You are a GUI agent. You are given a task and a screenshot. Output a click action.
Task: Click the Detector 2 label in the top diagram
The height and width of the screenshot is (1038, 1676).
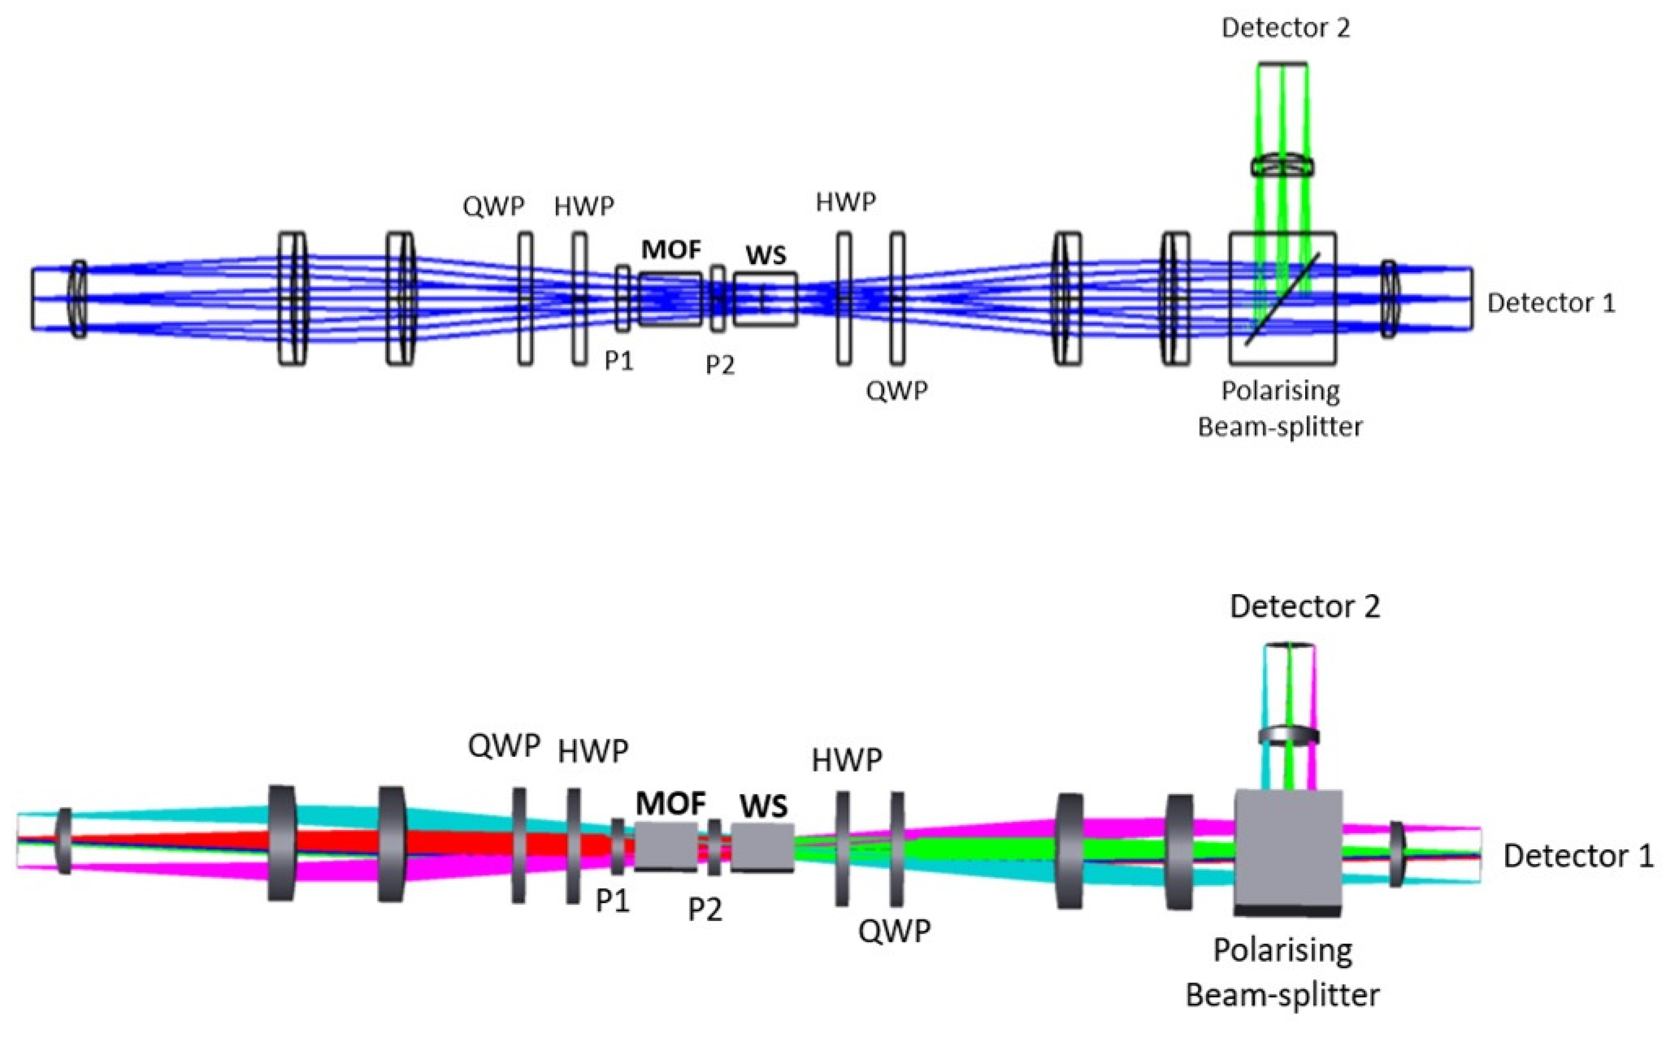click(x=1285, y=28)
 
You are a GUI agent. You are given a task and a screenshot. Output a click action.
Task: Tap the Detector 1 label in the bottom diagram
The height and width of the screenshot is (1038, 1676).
click(x=1578, y=856)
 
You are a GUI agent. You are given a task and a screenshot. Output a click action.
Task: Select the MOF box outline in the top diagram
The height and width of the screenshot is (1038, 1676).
click(x=670, y=299)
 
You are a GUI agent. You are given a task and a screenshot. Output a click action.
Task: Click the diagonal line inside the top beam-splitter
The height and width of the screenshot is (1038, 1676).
click(x=1282, y=299)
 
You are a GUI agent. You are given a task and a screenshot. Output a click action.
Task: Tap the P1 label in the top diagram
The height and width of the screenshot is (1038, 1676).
click(x=619, y=360)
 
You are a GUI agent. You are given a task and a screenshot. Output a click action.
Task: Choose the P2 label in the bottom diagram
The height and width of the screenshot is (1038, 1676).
click(x=705, y=910)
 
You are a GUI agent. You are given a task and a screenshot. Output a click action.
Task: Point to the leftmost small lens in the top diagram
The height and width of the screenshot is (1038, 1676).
click(x=79, y=299)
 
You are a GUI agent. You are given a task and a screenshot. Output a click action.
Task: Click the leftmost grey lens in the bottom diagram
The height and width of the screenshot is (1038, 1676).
click(x=64, y=841)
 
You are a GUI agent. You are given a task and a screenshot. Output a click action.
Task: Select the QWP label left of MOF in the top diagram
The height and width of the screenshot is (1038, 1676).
click(x=493, y=206)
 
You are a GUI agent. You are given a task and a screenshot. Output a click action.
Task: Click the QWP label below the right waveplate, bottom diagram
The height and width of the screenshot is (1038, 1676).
click(x=894, y=932)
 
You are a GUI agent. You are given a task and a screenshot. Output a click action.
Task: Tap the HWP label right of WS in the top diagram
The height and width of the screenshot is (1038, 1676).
click(x=845, y=203)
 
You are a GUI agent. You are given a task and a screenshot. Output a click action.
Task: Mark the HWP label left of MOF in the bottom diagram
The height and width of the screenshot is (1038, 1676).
click(x=593, y=752)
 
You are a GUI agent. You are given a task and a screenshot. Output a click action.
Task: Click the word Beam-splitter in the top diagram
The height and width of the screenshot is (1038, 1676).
click(x=1280, y=427)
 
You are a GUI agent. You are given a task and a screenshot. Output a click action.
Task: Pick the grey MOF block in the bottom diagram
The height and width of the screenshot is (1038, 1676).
click(x=666, y=847)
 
